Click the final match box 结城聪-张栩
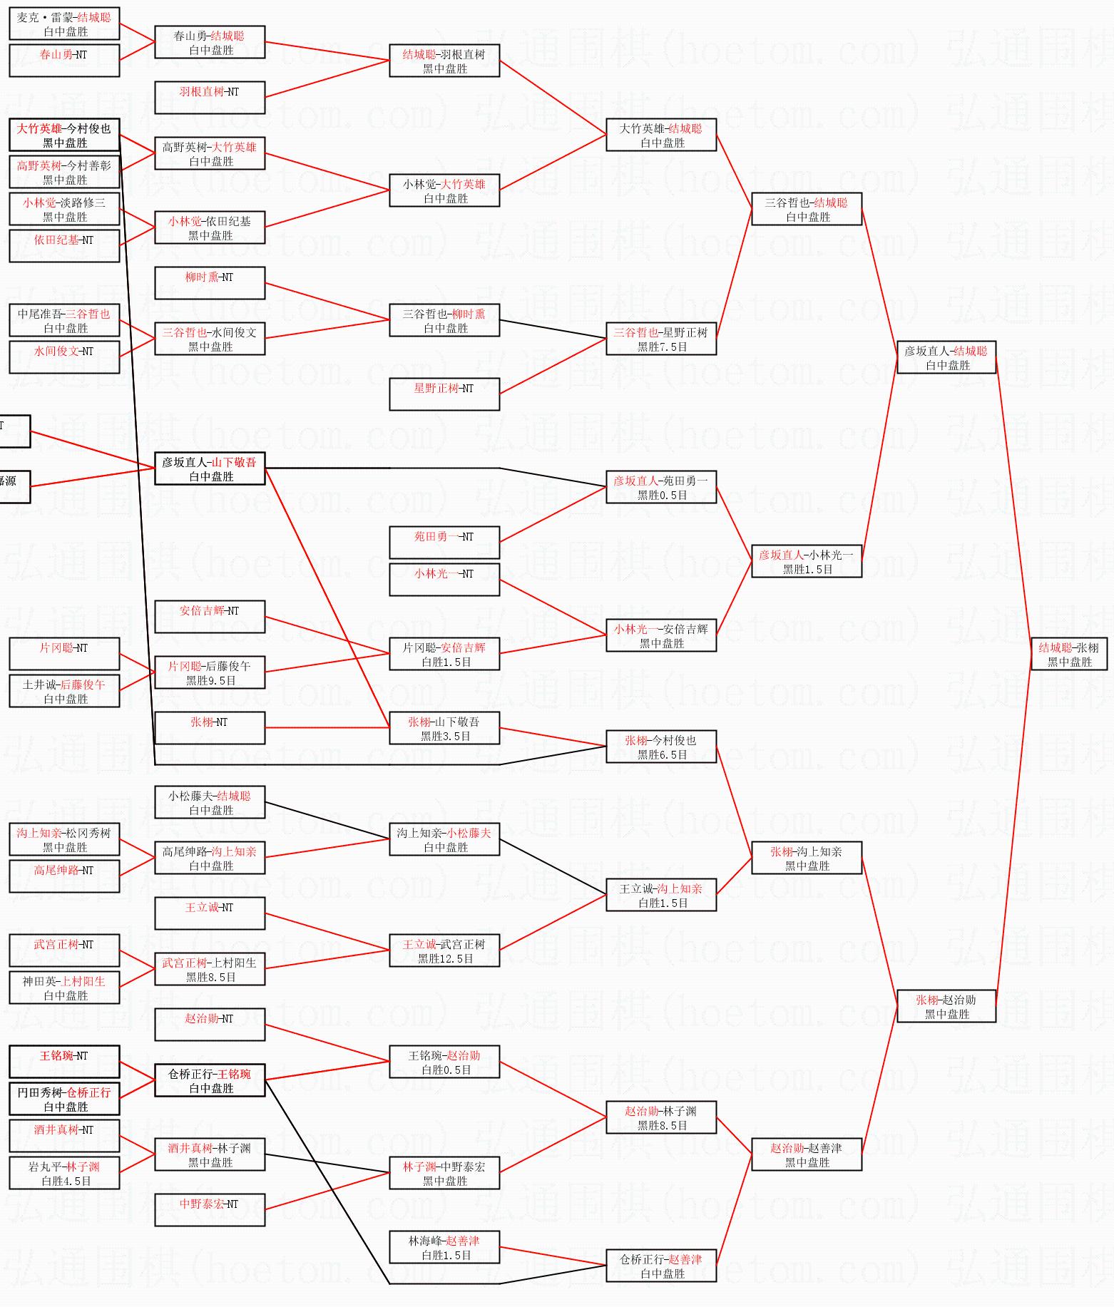coord(1068,654)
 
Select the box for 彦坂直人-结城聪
coord(946,357)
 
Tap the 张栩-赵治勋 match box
coord(946,1006)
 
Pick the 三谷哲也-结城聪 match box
coord(807,209)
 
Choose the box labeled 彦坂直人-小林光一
coord(807,561)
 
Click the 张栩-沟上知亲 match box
coord(807,858)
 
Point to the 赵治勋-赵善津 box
coord(807,1154)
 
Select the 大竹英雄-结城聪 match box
coord(661,135)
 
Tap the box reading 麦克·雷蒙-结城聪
coord(64,24)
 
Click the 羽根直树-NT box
coord(210,98)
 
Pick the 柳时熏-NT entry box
coord(210,283)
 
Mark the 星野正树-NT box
coord(444,394)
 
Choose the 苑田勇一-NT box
coord(444,543)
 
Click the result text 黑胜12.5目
coord(445,959)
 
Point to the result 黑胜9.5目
coord(210,681)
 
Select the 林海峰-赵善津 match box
coord(444,1247)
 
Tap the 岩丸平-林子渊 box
coord(64,1173)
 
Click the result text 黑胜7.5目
coord(662,347)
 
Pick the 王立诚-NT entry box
coord(210,913)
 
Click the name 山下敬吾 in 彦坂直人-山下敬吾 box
coord(234,462)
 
